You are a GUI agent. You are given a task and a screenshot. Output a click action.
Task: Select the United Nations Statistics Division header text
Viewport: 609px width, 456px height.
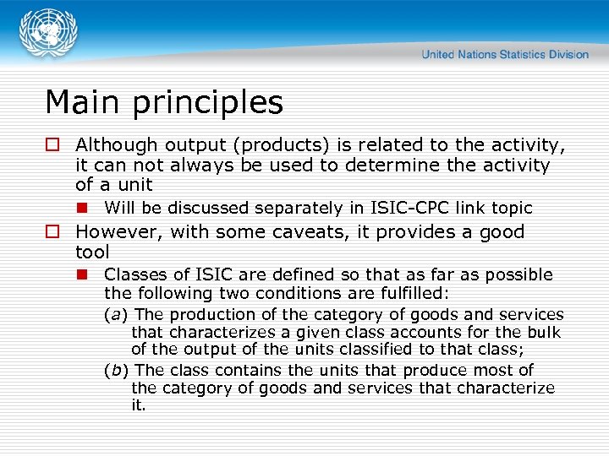(x=505, y=55)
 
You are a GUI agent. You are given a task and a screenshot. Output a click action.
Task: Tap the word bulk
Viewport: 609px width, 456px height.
(x=545, y=332)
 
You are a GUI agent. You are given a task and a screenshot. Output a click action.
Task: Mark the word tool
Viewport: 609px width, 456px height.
(x=92, y=252)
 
